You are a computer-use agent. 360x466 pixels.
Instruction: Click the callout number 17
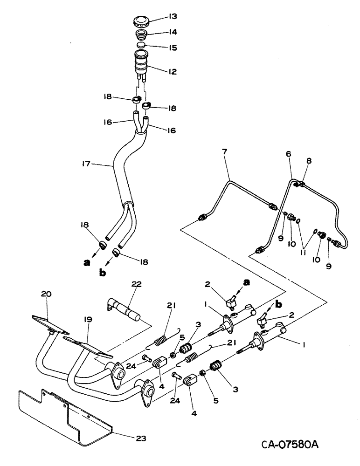[85, 164]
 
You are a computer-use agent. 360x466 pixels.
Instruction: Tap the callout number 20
[47, 294]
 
